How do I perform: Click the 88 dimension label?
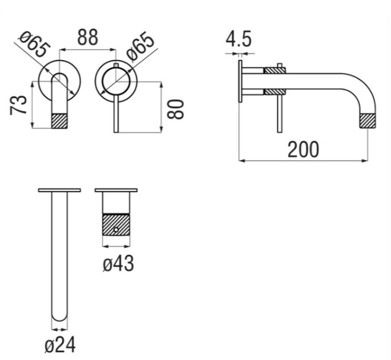point(88,37)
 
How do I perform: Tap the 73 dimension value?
point(18,105)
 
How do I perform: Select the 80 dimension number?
point(175,109)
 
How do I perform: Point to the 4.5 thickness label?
point(238,39)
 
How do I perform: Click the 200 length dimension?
point(303,149)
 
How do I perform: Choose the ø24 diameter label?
point(60,345)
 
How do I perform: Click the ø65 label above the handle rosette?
point(140,47)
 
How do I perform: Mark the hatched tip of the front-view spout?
point(60,121)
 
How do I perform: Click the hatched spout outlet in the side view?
point(368,121)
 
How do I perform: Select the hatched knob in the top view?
point(116,224)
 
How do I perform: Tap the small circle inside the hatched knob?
point(116,230)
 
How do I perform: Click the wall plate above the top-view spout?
point(59,190)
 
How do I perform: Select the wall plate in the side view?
point(240,81)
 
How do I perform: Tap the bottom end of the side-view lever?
point(280,132)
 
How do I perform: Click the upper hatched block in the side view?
point(275,70)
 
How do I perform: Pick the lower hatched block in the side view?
point(275,92)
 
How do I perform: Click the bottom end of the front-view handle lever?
point(116,132)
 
